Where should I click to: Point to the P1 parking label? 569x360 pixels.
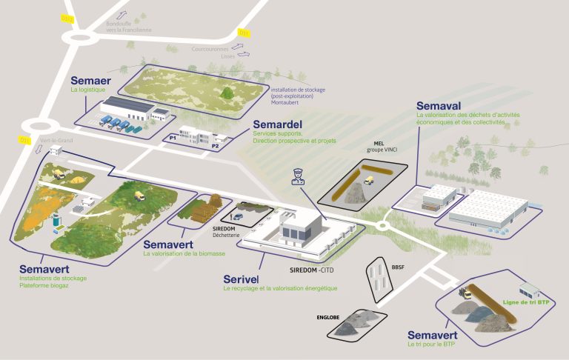tap(173, 138)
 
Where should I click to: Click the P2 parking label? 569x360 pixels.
tap(216, 146)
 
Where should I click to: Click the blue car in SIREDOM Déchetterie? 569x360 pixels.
tap(237, 216)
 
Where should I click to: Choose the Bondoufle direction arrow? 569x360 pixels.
tap(123, 15)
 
